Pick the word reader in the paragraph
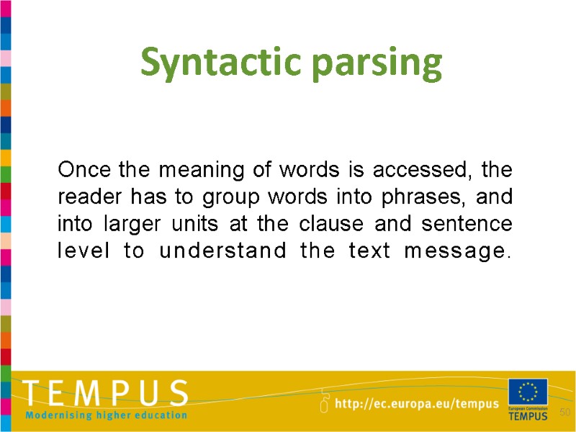pos(84,197)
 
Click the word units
pos(196,224)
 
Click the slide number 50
pos(564,412)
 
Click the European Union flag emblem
pos(528,392)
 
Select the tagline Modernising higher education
pos(107,415)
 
